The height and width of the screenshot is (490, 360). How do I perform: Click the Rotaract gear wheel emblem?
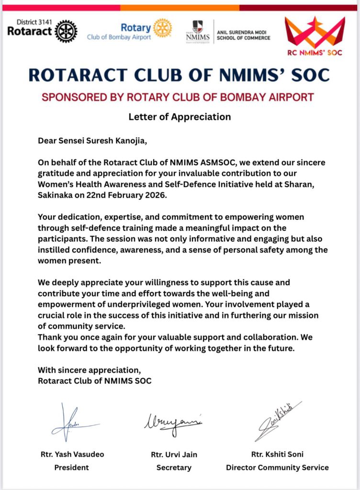(66, 31)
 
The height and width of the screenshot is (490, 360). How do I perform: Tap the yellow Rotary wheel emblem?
(163, 28)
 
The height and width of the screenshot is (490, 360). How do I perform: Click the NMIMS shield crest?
(197, 26)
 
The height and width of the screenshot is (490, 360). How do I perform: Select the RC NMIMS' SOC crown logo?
(315, 33)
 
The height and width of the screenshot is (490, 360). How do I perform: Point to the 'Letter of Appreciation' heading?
(180, 117)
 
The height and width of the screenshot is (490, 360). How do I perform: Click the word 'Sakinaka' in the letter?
(54, 195)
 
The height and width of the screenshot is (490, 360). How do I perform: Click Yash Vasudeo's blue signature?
(72, 423)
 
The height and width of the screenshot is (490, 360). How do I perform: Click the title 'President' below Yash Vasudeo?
(71, 467)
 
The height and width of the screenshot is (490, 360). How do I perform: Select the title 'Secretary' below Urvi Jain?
(174, 467)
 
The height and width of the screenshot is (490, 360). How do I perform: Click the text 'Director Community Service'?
(277, 467)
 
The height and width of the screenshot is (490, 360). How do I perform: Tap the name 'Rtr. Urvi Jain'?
(174, 455)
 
